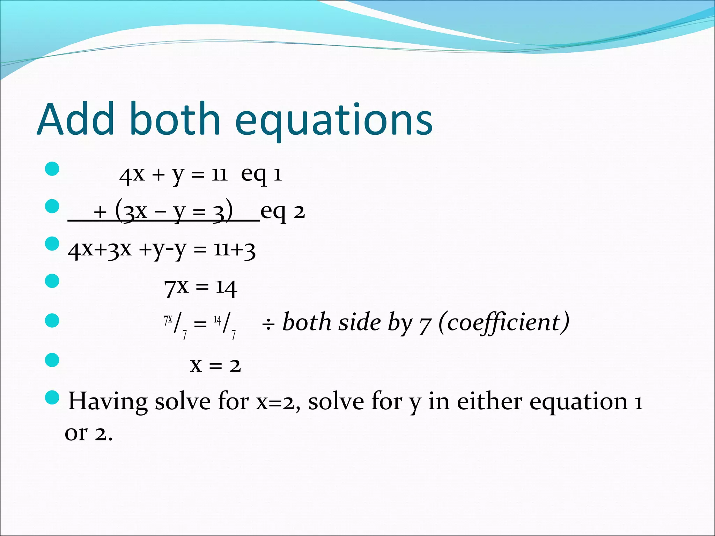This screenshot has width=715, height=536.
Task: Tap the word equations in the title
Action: [x=334, y=120]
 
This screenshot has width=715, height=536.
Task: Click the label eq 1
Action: [x=261, y=174]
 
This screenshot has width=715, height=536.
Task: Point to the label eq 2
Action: [x=282, y=212]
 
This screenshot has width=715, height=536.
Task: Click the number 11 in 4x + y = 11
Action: [x=220, y=174]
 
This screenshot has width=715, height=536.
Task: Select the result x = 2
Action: [x=215, y=365]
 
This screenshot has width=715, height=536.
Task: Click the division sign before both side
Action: [x=268, y=325]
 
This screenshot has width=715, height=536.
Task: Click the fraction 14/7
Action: [x=224, y=325]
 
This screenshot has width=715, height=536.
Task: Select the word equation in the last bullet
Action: [x=578, y=402]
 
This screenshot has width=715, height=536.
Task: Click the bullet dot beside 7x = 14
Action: [x=52, y=281]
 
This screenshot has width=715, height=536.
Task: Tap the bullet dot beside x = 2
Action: [x=52, y=360]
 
